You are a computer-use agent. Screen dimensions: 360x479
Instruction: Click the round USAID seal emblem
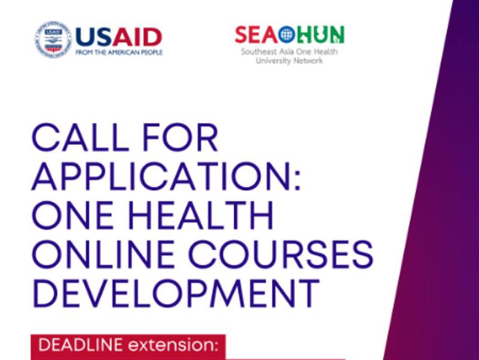(x=53, y=40)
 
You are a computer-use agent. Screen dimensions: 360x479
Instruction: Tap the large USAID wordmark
(x=119, y=37)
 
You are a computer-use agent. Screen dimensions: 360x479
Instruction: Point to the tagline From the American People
(x=119, y=53)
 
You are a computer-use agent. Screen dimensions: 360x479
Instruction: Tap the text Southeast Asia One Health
(x=289, y=53)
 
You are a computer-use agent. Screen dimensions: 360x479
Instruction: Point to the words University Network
(x=289, y=61)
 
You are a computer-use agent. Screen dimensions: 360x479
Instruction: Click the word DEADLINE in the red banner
(x=74, y=346)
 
